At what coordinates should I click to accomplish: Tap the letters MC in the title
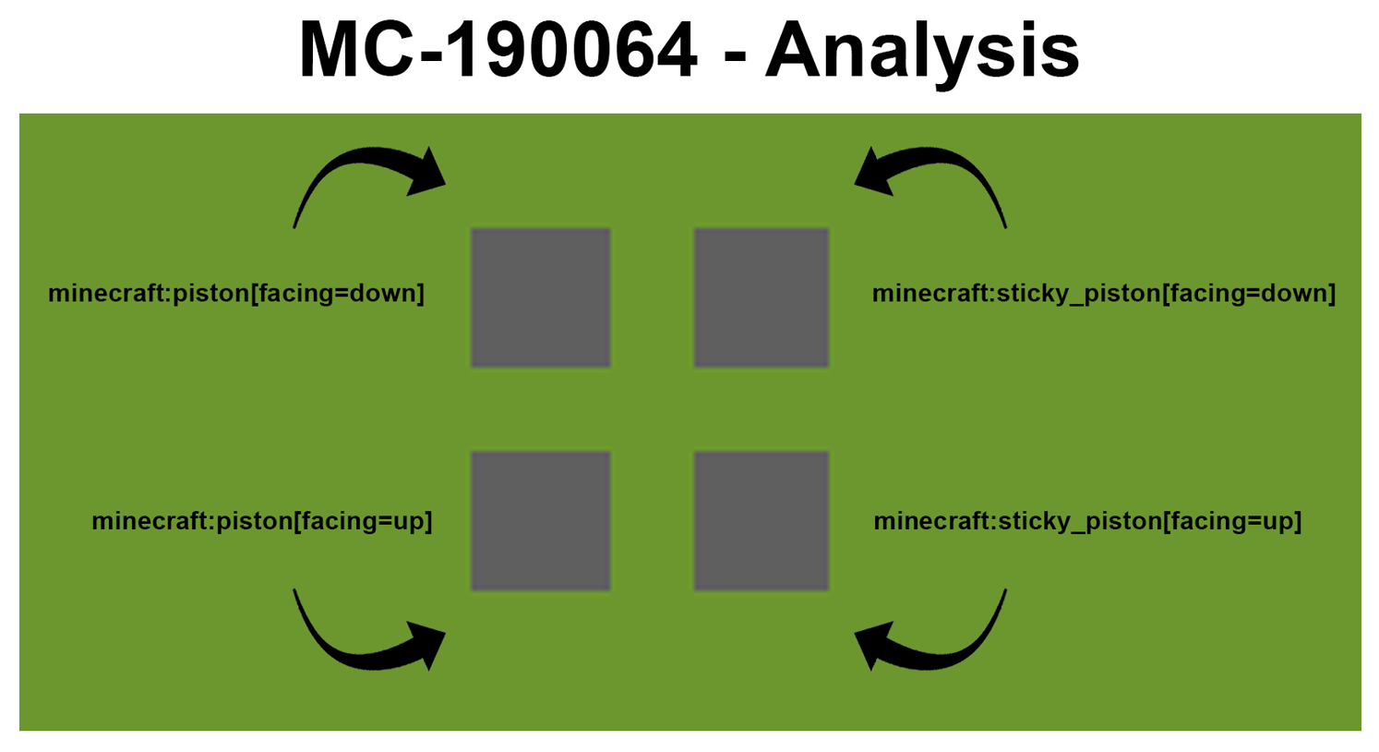pyautogui.click(x=360, y=49)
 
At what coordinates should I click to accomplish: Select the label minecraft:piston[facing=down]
pyautogui.click(x=236, y=294)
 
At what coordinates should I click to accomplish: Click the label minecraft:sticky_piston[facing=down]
pyautogui.click(x=1104, y=294)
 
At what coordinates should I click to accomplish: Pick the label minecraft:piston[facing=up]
pyautogui.click(x=262, y=521)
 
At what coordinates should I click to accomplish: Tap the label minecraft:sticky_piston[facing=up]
pyautogui.click(x=1088, y=521)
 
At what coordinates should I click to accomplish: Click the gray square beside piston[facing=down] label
pyautogui.click(x=541, y=298)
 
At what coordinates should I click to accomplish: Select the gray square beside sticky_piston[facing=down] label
pyautogui.click(x=761, y=298)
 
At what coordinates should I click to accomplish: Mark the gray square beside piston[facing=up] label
pyautogui.click(x=541, y=521)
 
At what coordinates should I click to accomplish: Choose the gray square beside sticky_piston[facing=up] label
pyautogui.click(x=761, y=521)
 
